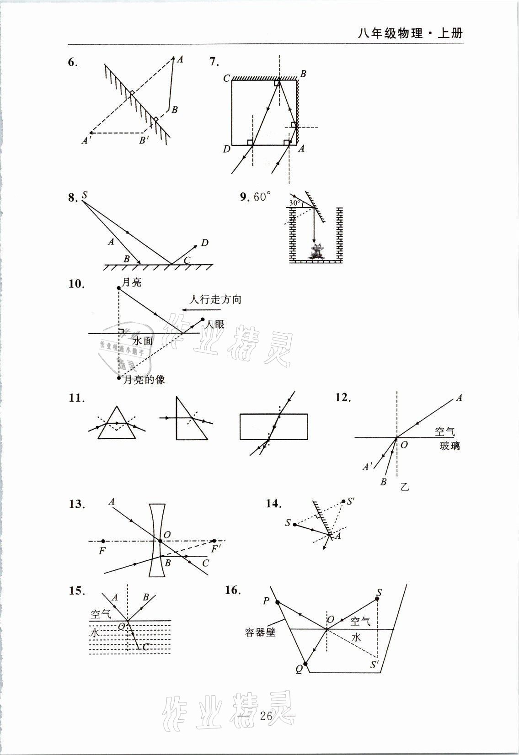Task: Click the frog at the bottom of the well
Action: (316, 252)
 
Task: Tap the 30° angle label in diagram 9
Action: (295, 202)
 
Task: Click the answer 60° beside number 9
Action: (262, 197)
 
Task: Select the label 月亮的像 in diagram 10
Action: (144, 380)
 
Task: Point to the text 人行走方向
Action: (215, 300)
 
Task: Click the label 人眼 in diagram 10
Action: (214, 324)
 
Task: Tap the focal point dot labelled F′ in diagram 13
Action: (214, 541)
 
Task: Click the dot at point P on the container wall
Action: (278, 603)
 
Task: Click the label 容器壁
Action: (260, 633)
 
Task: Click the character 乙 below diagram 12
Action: (405, 487)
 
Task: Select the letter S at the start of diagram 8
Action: (85, 196)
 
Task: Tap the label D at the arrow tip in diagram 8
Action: (204, 242)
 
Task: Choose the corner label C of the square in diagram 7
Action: (226, 78)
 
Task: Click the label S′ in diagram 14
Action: (351, 501)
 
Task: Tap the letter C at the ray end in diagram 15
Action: (145, 647)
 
